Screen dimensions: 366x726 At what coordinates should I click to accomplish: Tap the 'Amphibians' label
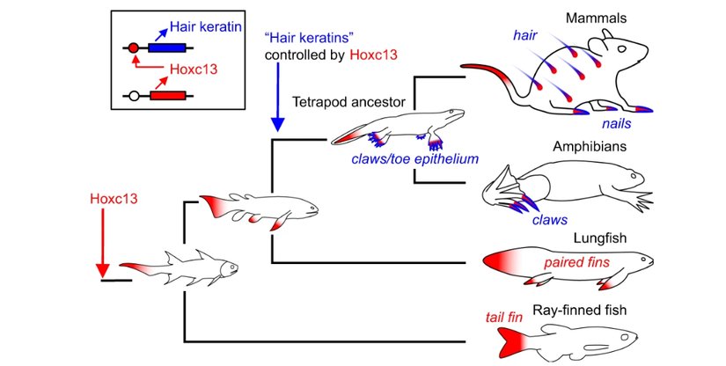coord(595,147)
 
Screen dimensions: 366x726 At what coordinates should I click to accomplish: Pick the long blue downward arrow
coord(276,97)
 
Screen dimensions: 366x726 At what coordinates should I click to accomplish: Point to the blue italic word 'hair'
coord(525,34)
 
